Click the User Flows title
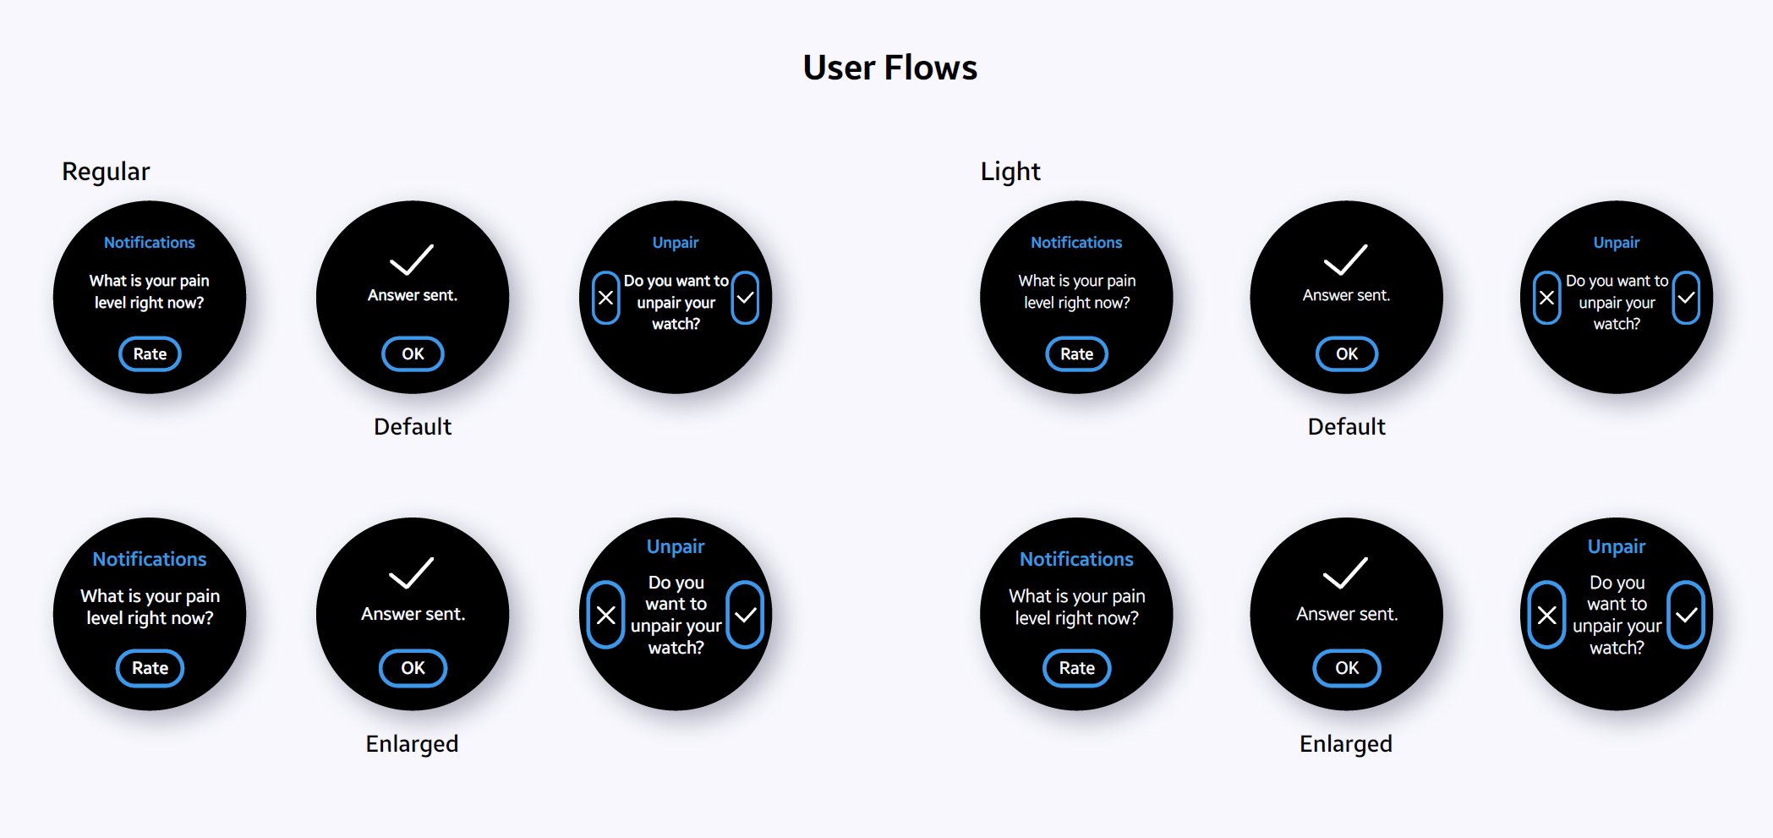[889, 68]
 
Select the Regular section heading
[106, 172]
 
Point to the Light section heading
[1010, 172]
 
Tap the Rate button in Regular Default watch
[150, 354]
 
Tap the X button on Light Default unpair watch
[1546, 298]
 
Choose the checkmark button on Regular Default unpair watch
[745, 298]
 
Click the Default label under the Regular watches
[413, 427]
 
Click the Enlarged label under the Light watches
[1345, 744]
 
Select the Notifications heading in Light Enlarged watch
[1076, 559]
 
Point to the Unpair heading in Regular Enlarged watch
[676, 546]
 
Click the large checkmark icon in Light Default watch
[1345, 260]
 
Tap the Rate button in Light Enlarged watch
[1076, 668]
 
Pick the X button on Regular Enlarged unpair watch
[605, 615]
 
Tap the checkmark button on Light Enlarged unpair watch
[1686, 615]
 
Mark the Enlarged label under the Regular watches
[412, 744]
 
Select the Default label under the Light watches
[1346, 427]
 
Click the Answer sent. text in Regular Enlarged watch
[413, 614]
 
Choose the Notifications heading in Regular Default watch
[150, 243]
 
